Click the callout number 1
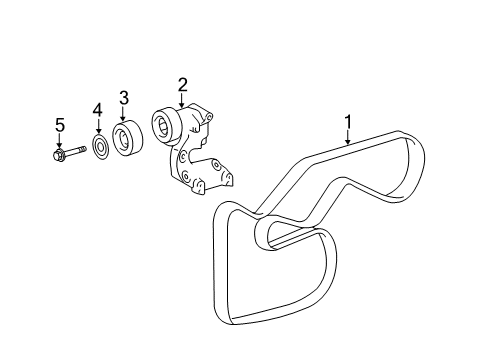[x=347, y=123]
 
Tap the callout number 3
[x=123, y=97]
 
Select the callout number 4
[x=98, y=109]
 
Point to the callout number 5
[x=59, y=124]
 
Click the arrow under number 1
[x=347, y=140]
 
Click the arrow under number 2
[x=181, y=101]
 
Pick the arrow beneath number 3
[x=123, y=114]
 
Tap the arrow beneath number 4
[x=98, y=126]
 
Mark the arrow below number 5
[x=59, y=142]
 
